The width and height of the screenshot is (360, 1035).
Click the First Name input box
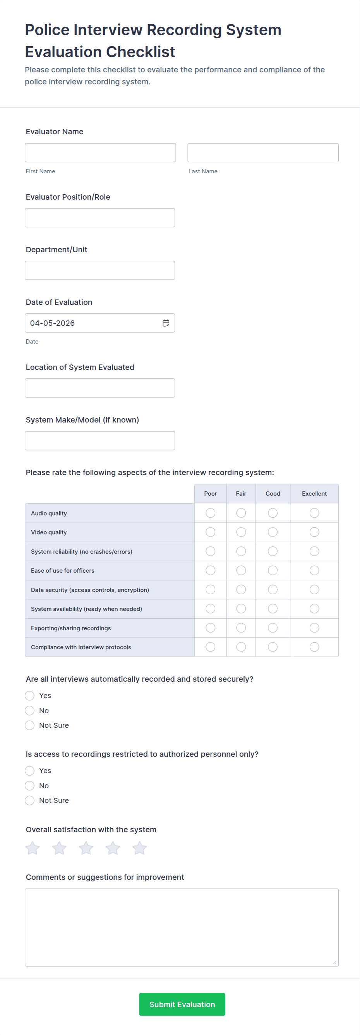(100, 153)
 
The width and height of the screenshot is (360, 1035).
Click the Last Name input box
(263, 153)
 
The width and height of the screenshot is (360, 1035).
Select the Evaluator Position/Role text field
(99, 218)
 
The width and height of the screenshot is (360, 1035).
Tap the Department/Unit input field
(99, 270)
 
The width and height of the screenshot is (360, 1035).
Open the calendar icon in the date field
(166, 323)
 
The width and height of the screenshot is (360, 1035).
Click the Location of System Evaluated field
(99, 388)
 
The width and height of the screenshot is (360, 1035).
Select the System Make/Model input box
(99, 441)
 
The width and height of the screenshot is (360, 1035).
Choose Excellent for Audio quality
(314, 513)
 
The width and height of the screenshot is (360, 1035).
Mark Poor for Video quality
(211, 532)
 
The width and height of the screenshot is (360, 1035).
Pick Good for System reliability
(273, 551)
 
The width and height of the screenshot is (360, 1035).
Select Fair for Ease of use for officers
(241, 571)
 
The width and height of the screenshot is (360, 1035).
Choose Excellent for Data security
(314, 590)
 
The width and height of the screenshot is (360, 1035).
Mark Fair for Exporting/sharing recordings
(241, 628)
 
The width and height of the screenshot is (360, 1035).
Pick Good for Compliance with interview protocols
(273, 647)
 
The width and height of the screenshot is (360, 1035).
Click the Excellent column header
(314, 494)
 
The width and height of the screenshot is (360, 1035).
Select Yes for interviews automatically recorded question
(30, 696)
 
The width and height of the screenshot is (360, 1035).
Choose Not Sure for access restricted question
(30, 801)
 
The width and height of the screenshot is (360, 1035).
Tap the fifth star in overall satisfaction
(139, 848)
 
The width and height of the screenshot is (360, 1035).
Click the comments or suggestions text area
(182, 927)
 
